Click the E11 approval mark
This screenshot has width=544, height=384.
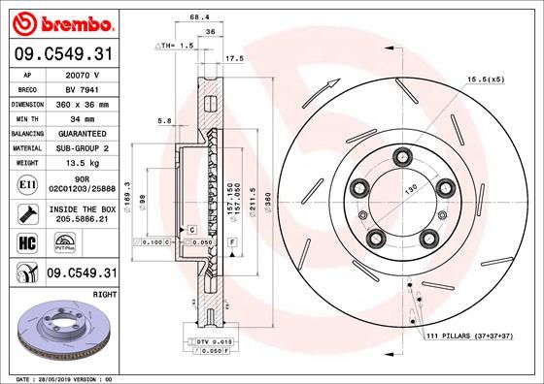pos(25,182)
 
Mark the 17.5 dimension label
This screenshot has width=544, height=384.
pos(234,59)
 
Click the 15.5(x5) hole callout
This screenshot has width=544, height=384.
pos(487,80)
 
